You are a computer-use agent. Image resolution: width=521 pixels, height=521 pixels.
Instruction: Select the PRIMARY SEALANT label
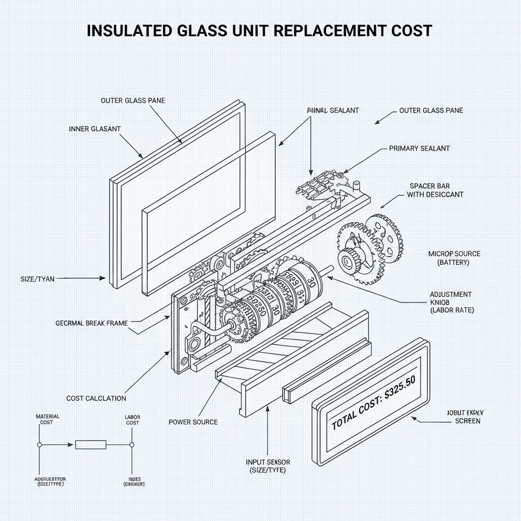pyautogui.click(x=419, y=149)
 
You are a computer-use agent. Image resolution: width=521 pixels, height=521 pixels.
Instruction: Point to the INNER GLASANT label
pyautogui.click(x=95, y=129)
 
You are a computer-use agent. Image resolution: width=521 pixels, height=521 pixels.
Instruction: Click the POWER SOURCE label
pyautogui.click(x=193, y=422)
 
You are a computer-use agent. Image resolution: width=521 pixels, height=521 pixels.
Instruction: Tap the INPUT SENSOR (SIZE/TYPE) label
pyautogui.click(x=268, y=466)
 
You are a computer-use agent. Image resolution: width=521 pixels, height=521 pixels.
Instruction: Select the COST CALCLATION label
pyautogui.click(x=96, y=398)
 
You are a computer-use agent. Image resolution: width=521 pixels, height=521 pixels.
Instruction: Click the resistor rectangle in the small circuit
pyautogui.click(x=91, y=445)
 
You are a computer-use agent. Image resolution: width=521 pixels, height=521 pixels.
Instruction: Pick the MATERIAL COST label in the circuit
pyautogui.click(x=47, y=419)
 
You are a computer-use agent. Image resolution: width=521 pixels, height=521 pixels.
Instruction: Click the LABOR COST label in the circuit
pyautogui.click(x=132, y=420)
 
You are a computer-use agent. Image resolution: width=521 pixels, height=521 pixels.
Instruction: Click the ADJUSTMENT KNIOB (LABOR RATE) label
pyautogui.click(x=451, y=302)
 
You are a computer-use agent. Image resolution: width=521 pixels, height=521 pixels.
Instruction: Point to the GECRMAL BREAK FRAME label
pyautogui.click(x=92, y=323)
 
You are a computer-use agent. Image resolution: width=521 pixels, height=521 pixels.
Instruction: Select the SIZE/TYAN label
pyautogui.click(x=38, y=278)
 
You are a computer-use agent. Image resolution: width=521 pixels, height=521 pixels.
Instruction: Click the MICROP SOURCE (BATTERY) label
pyautogui.click(x=454, y=258)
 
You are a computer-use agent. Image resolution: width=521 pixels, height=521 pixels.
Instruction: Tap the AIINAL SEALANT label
pyautogui.click(x=333, y=110)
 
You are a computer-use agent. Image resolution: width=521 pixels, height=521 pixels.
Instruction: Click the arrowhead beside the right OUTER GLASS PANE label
pyautogui.click(x=377, y=122)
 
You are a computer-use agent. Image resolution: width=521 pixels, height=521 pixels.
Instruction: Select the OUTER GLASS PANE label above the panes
pyautogui.click(x=133, y=101)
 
